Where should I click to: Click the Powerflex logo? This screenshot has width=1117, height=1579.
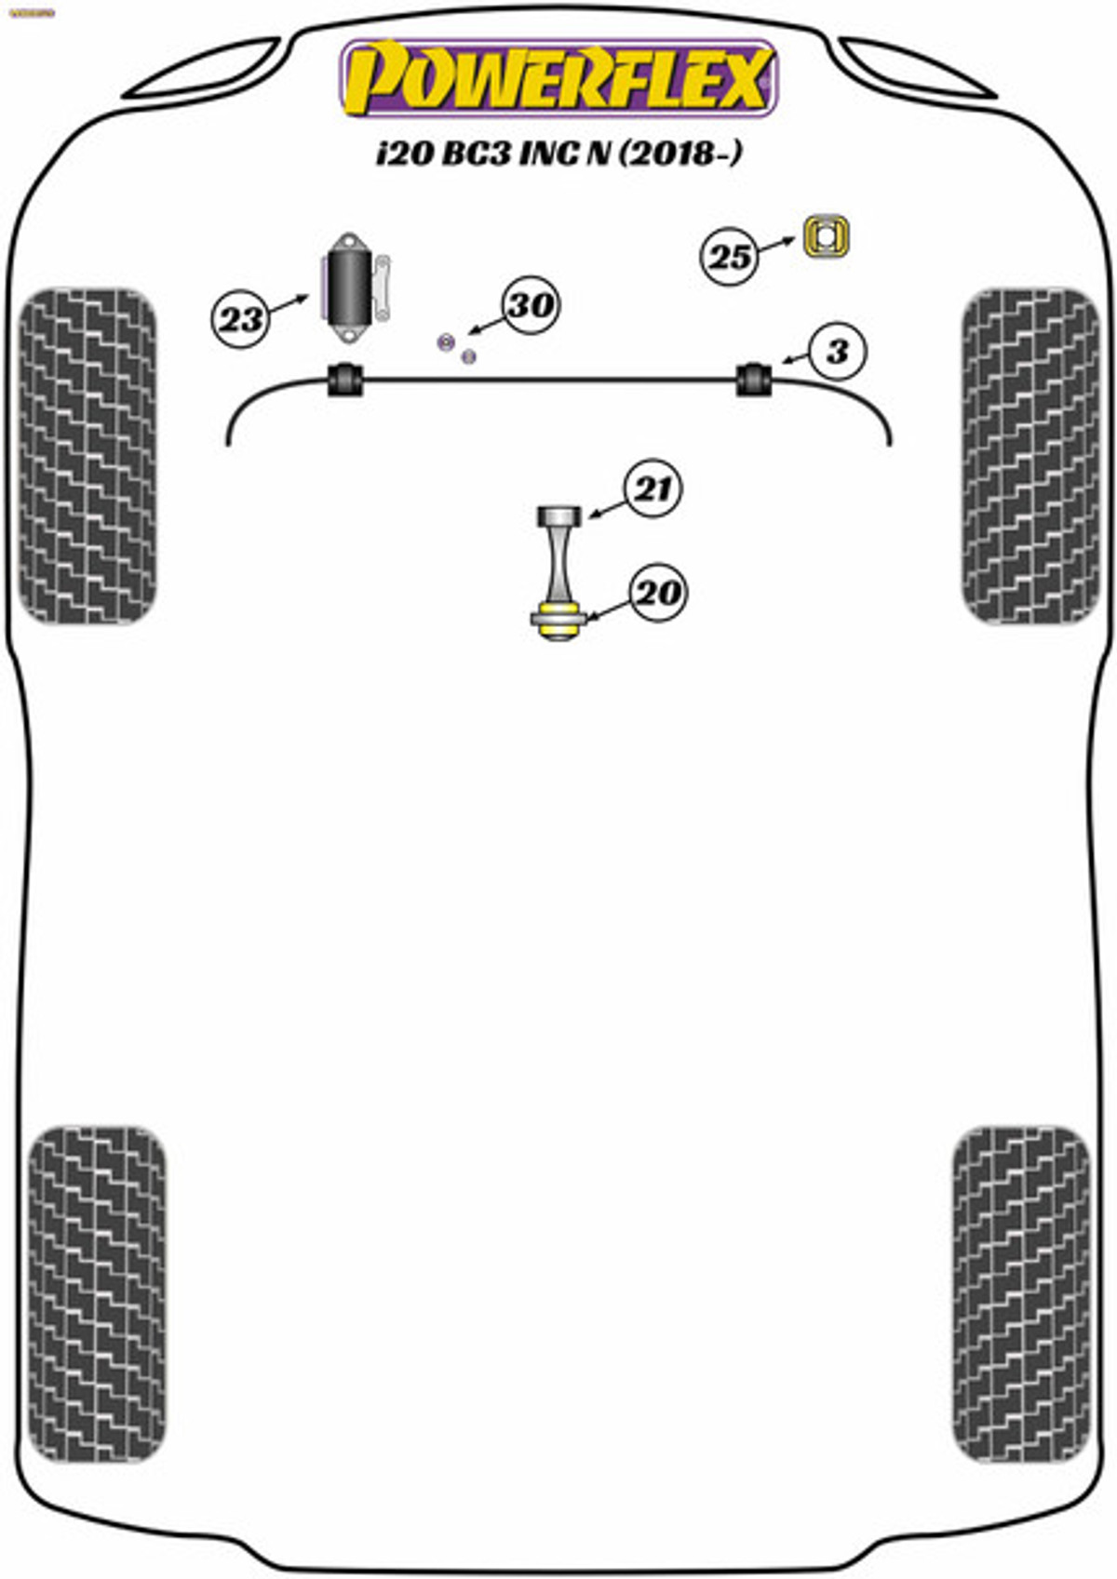pyautogui.click(x=558, y=78)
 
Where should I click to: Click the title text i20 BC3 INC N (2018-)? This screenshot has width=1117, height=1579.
pyautogui.click(x=558, y=153)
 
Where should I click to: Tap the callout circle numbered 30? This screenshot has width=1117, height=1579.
pyautogui.click(x=531, y=304)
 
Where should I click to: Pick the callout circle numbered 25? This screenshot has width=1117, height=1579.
pyautogui.click(x=729, y=256)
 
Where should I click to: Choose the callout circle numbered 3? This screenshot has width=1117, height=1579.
pyautogui.click(x=837, y=351)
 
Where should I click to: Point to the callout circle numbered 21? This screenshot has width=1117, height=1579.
pyautogui.click(x=653, y=488)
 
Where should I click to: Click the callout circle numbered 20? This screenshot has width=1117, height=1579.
pyautogui.click(x=657, y=592)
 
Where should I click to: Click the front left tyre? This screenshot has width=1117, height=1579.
pyautogui.click(x=87, y=456)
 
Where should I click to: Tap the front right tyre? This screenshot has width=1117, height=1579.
pyautogui.click(x=1030, y=456)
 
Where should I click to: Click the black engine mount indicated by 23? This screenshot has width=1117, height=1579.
pyautogui.click(x=352, y=286)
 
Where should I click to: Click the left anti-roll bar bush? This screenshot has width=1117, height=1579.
pyautogui.click(x=343, y=379)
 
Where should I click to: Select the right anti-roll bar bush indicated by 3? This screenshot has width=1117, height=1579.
pyautogui.click(x=755, y=379)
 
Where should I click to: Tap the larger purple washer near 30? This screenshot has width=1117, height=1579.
pyautogui.click(x=446, y=341)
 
